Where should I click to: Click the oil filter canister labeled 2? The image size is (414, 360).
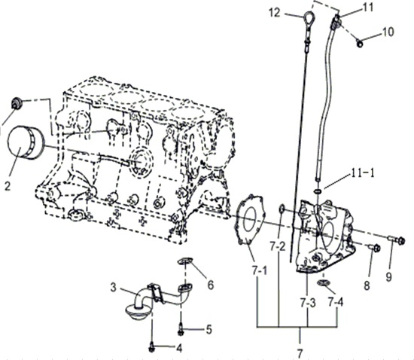26,142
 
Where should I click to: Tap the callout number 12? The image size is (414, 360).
275,12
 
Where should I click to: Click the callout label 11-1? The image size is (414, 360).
363,173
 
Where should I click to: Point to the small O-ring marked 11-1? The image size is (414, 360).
318,191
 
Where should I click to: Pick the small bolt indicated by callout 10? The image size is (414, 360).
360,44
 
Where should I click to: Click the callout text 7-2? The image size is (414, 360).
278,246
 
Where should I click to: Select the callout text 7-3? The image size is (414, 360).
308,304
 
